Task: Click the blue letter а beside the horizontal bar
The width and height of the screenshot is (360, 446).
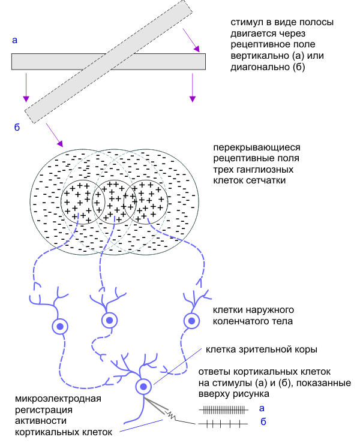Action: tap(14, 40)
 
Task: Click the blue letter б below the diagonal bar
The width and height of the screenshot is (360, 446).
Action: tap(17, 127)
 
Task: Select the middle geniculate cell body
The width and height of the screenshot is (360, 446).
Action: tap(109, 321)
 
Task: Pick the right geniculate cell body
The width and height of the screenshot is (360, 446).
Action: tap(191, 321)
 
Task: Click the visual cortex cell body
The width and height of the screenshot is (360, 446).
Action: tap(143, 386)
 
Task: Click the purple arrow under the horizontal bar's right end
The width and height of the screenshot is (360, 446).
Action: tap(192, 87)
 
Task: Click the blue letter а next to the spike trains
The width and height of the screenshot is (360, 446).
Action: tap(261, 409)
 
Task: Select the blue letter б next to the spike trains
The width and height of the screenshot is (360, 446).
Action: tap(262, 423)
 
